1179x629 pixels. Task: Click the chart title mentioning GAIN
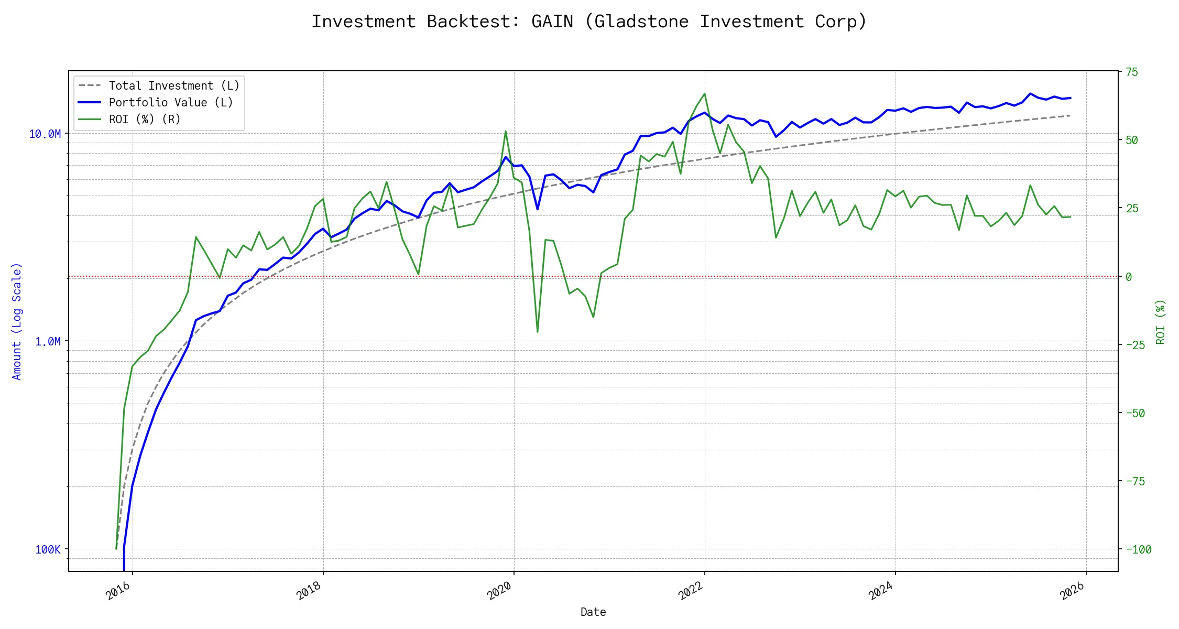click(589, 22)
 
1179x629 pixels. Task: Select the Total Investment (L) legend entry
click(173, 86)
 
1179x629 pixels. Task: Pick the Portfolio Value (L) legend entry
click(170, 103)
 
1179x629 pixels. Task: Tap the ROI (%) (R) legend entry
click(144, 120)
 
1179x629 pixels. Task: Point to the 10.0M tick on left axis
click(45, 134)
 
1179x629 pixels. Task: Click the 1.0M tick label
click(48, 342)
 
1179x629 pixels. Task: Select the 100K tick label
click(48, 550)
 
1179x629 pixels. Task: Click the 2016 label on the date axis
click(118, 591)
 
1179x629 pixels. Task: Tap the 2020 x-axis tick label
click(499, 591)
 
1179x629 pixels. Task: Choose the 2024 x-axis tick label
click(881, 591)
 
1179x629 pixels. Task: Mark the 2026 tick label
click(1072, 591)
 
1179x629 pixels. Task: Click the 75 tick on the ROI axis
click(1132, 72)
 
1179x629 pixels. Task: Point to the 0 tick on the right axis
click(1129, 277)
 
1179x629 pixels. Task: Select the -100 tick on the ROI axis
click(1138, 550)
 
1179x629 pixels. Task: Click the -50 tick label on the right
click(1135, 414)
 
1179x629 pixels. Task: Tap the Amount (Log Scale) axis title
click(17, 321)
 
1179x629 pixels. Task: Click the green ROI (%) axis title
click(1160, 322)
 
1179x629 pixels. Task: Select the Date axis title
click(593, 612)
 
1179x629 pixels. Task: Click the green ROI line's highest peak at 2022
click(704, 94)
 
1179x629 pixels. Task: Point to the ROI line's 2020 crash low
click(538, 332)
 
